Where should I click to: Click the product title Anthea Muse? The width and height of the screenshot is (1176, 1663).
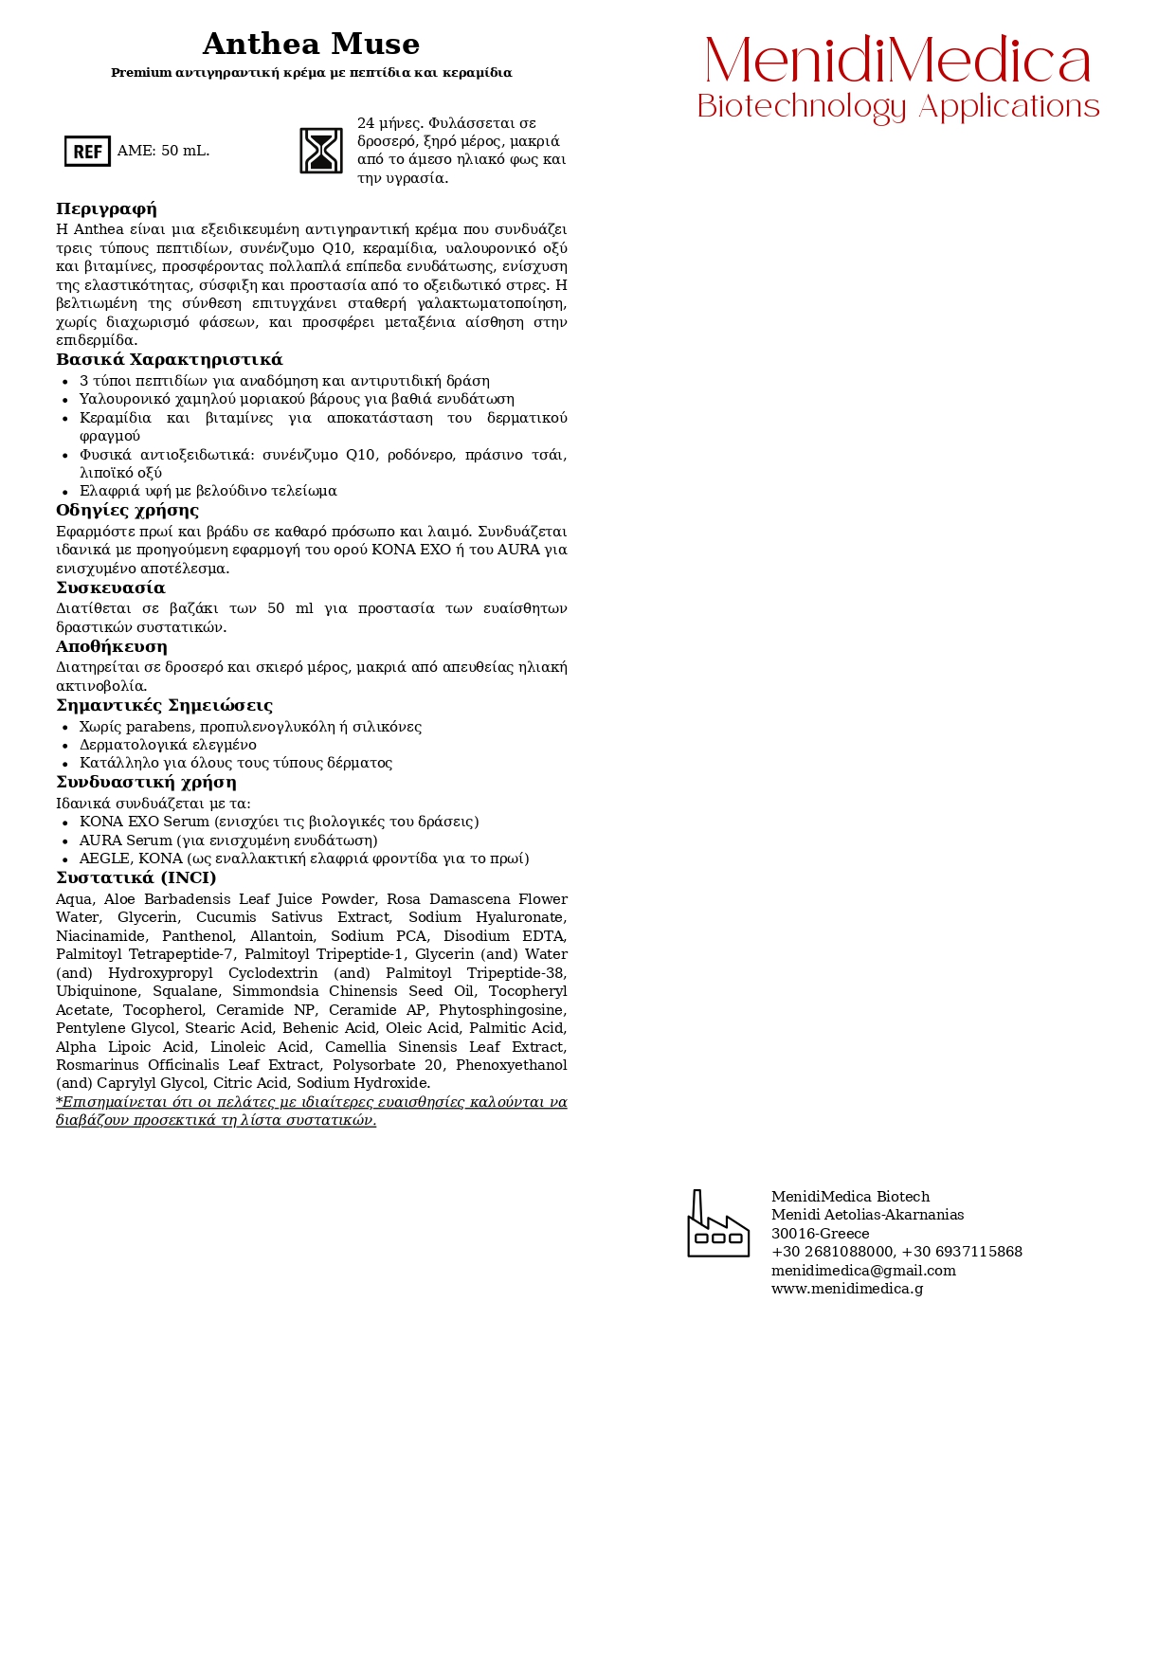pyautogui.click(x=311, y=45)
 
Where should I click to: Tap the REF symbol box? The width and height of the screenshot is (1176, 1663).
pyautogui.click(x=87, y=151)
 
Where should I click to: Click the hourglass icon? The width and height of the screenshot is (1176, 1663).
pyautogui.click(x=321, y=151)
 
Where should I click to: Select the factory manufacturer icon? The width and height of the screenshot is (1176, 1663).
pyautogui.click(x=718, y=1224)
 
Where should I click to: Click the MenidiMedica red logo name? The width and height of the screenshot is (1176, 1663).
pyautogui.click(x=897, y=62)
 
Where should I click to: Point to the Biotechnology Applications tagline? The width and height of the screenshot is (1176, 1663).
pyautogui.click(x=897, y=107)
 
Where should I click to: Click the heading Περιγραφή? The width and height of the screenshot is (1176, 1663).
pyautogui.click(x=106, y=209)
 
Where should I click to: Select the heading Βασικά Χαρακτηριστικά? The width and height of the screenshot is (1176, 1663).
pyautogui.click(x=169, y=360)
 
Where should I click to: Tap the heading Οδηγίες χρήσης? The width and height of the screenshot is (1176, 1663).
pyautogui.click(x=127, y=511)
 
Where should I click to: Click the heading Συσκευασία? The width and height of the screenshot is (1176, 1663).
pyautogui.click(x=110, y=588)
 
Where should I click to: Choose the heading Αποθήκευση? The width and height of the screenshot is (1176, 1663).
pyautogui.click(x=111, y=647)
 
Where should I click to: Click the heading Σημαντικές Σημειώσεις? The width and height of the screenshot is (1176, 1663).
pyautogui.click(x=164, y=706)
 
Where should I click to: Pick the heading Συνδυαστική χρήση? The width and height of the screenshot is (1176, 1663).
pyautogui.click(x=146, y=783)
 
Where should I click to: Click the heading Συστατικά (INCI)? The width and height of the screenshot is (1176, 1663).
pyautogui.click(x=136, y=878)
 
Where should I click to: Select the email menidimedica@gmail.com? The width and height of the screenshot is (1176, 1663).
pyautogui.click(x=863, y=1271)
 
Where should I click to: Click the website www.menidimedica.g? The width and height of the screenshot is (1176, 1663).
pyautogui.click(x=846, y=1289)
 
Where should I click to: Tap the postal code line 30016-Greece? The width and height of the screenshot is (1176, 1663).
pyautogui.click(x=820, y=1234)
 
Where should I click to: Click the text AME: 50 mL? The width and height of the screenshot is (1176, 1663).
pyautogui.click(x=163, y=151)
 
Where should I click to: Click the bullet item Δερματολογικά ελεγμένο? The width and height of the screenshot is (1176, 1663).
pyautogui.click(x=168, y=745)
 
